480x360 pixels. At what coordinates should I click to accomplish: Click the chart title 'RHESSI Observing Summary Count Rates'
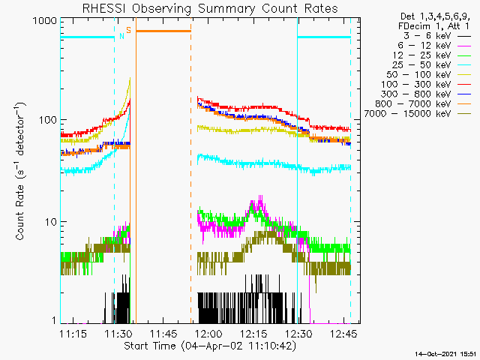tap(210, 9)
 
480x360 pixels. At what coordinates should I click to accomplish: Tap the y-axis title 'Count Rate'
tap(19, 212)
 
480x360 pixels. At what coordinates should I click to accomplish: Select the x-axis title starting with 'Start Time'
tap(210, 346)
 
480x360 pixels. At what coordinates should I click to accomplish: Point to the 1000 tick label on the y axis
tap(45, 21)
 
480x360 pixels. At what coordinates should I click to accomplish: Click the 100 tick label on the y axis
tap(48, 120)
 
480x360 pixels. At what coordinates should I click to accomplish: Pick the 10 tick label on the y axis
tap(51, 222)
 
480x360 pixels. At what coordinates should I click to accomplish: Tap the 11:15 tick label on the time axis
tap(73, 334)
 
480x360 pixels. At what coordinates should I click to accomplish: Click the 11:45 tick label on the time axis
tap(163, 334)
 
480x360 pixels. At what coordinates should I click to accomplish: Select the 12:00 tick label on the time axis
tap(208, 334)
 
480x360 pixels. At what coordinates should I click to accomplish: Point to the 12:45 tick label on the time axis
tap(343, 334)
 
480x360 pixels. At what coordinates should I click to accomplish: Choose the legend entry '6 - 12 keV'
tap(424, 46)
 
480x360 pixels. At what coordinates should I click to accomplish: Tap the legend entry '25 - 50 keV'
tap(421, 65)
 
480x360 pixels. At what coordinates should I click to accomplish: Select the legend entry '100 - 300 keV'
tap(415, 85)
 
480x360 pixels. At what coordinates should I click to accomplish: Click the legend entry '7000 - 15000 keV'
tap(407, 113)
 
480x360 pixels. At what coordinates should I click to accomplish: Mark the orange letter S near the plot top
tap(128, 30)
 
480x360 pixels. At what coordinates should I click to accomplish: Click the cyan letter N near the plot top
tap(121, 36)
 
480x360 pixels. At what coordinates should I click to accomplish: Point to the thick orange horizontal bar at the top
tap(163, 31)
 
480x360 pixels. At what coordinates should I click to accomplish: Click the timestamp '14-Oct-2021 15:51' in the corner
tap(445, 354)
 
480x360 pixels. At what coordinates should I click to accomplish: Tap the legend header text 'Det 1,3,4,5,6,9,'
tap(435, 16)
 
